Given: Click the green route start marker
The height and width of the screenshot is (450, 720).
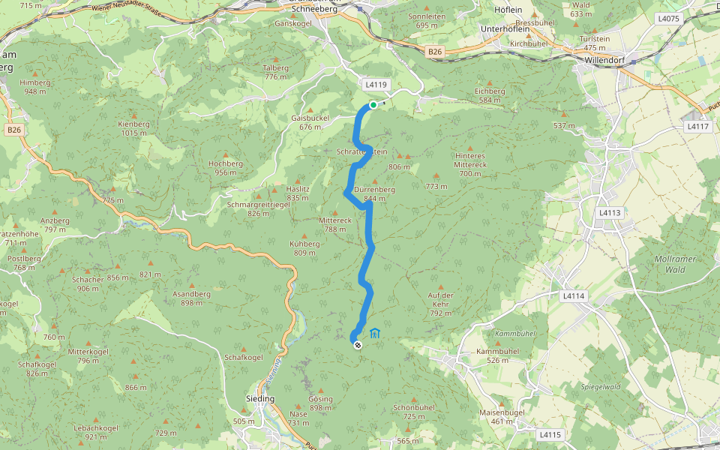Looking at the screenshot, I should click(373, 105).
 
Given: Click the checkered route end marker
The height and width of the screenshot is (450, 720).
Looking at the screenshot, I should click(358, 344).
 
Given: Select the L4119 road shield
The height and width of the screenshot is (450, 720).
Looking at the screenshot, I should click(376, 85).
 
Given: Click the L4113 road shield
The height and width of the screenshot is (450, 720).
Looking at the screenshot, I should click(610, 213).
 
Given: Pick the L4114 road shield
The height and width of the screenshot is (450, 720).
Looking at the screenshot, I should click(573, 296).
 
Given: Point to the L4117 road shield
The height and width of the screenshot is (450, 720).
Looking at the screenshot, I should click(697, 127).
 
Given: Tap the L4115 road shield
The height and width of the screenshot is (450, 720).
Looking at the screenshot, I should click(550, 434).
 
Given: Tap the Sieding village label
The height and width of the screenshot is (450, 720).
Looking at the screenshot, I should click(260, 399).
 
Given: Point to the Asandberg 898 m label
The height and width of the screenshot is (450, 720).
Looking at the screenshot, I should click(191, 298).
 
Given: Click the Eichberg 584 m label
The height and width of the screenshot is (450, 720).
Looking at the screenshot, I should click(490, 94).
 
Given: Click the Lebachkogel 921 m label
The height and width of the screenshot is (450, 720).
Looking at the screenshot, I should click(96, 432).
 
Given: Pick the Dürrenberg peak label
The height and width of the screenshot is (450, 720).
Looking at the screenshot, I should click(374, 193).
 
